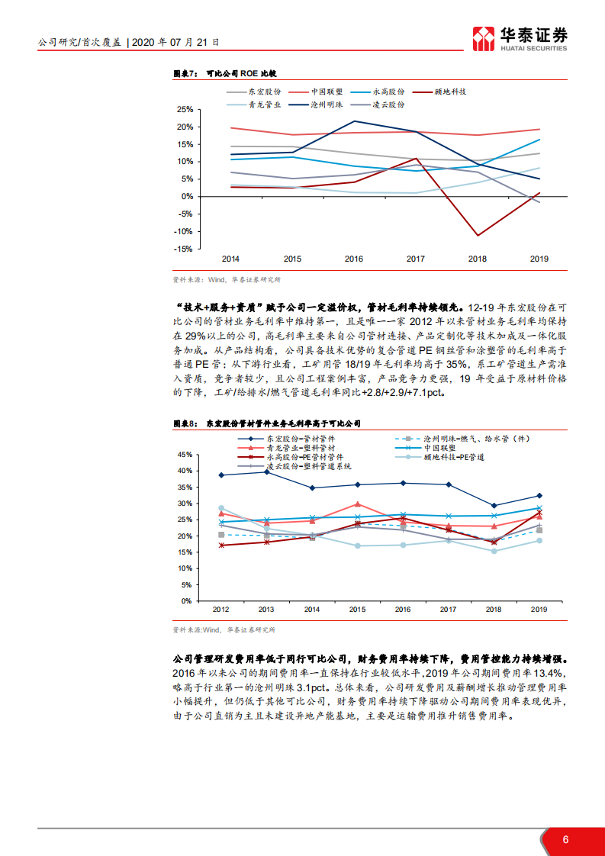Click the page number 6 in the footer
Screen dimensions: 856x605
coord(565,839)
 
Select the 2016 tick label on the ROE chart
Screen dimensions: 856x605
coord(353,259)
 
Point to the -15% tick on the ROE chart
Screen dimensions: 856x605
coord(183,249)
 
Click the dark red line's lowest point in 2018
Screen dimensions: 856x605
coord(477,235)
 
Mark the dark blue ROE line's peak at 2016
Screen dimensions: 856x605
coord(354,121)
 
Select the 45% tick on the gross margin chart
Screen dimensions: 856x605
coord(183,454)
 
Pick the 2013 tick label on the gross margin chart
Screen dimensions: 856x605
coord(266,610)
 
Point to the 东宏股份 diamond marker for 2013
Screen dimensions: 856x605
coord(266,471)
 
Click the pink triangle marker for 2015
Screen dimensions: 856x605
coord(358,504)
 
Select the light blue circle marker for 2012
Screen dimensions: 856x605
coord(221,508)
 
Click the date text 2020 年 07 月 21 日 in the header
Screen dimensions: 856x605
coord(175,43)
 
